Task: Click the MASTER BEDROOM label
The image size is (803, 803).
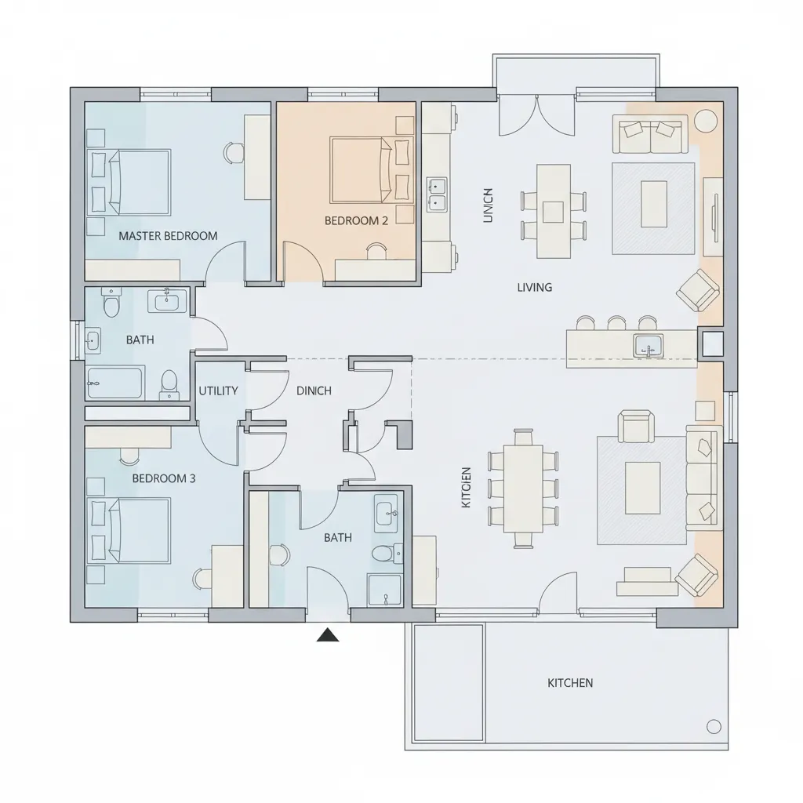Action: pyautogui.click(x=168, y=235)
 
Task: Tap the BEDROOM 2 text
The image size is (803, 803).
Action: pyautogui.click(x=356, y=220)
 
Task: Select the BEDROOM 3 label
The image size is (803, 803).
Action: pyautogui.click(x=164, y=478)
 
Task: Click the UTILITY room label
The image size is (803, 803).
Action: pyautogui.click(x=218, y=391)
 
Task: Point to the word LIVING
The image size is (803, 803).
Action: pyautogui.click(x=534, y=287)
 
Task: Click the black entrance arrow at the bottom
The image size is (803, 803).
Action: pyautogui.click(x=328, y=635)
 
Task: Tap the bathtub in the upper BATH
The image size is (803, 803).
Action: pyautogui.click(x=115, y=382)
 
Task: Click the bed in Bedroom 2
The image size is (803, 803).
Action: pyautogui.click(x=362, y=169)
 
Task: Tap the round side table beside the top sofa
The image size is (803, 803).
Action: pyautogui.click(x=706, y=120)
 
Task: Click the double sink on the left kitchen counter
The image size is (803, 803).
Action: pyautogui.click(x=436, y=194)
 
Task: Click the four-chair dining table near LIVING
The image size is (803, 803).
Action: pyautogui.click(x=553, y=210)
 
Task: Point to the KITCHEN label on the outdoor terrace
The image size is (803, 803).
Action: pyautogui.click(x=570, y=683)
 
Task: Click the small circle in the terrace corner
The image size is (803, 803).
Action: pyautogui.click(x=714, y=726)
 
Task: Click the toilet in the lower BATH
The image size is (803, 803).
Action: pyautogui.click(x=382, y=554)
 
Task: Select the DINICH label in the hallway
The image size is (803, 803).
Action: pyautogui.click(x=314, y=391)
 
